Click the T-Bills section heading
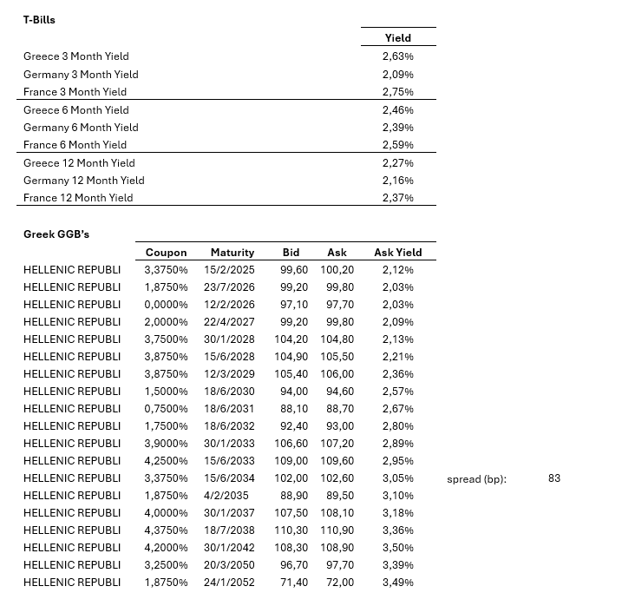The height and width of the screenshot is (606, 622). [39, 19]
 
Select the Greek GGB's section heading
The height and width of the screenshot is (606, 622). [56, 234]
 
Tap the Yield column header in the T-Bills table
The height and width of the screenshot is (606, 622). [398, 38]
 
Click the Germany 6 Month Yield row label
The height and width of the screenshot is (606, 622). [81, 128]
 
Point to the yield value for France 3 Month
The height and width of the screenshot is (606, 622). [397, 92]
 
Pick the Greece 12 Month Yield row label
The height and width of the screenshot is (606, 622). [79, 163]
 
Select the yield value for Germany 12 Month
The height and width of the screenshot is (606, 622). [397, 181]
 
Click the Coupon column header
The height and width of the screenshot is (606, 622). [166, 253]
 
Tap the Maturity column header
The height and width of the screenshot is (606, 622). [232, 253]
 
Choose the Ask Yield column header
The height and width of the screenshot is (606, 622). [398, 253]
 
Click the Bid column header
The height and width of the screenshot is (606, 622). [291, 253]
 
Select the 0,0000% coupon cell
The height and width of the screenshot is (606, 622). [166, 305]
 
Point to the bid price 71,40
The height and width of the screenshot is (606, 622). [291, 583]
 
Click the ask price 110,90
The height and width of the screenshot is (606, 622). [337, 530]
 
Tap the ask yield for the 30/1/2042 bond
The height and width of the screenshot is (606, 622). [397, 548]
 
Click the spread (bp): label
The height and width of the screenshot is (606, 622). [476, 479]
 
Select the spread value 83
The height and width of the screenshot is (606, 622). [554, 478]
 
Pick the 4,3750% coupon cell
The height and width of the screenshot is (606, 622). [166, 530]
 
